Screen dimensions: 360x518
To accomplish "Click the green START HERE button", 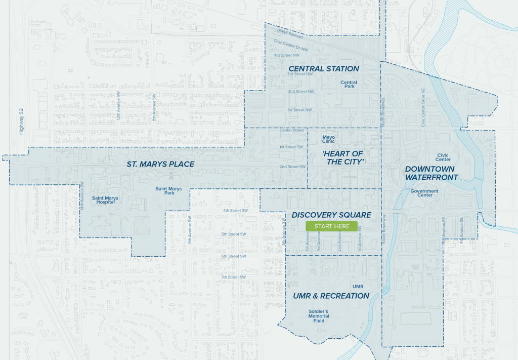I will point(332,226).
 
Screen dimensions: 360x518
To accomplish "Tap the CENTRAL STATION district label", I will point(323,69).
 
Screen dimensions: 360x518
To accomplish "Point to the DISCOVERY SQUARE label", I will point(331,215).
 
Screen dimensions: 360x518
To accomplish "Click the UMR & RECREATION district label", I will point(331,296).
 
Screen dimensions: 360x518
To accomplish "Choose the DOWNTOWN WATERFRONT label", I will point(431,173).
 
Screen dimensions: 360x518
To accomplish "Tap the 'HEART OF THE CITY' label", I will point(343,157).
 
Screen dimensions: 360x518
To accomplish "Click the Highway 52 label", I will point(21,122).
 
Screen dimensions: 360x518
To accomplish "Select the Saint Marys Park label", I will point(165,191).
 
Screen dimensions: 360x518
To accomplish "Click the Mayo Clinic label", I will point(329,139).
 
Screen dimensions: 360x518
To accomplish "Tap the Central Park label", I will point(349,85).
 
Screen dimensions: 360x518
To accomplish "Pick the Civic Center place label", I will point(443,157).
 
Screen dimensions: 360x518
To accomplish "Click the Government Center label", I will point(424,193).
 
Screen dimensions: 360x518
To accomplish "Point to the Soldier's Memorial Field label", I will point(319,316).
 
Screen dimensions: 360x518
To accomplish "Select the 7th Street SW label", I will point(233,277).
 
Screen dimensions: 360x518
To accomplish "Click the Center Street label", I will point(292,130).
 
